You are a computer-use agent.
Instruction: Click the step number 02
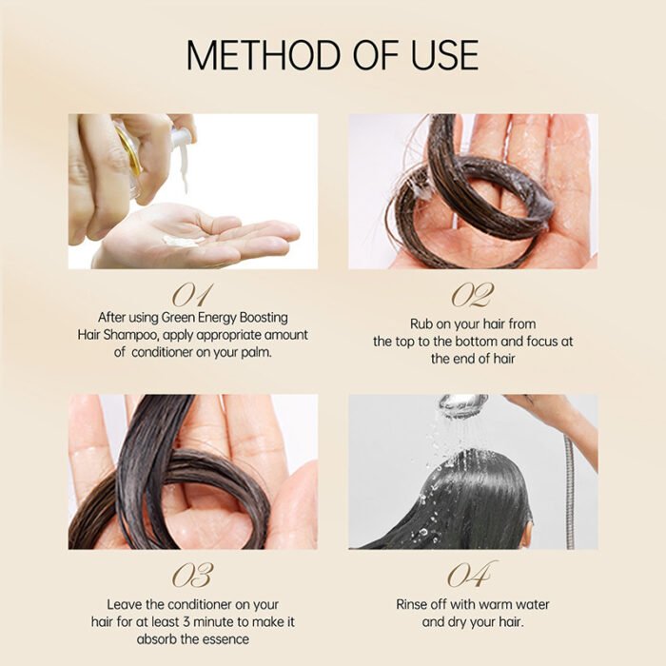tap(473, 294)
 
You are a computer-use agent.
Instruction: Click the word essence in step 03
tap(223, 639)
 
